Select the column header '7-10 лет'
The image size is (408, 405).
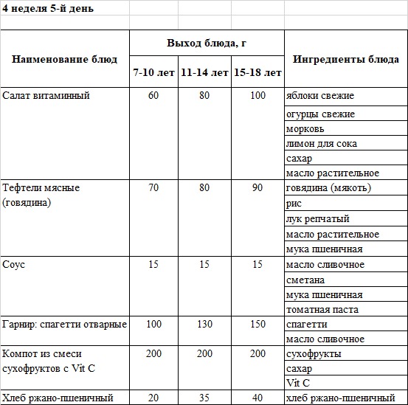click(x=153, y=73)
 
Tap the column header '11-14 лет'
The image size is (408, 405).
click(x=204, y=73)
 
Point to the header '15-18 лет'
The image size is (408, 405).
click(x=257, y=73)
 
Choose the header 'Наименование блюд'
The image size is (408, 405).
click(x=65, y=59)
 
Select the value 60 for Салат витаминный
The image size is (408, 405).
click(x=153, y=96)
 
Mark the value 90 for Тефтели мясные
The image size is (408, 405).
click(x=257, y=187)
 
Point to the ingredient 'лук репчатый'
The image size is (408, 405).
click(x=317, y=219)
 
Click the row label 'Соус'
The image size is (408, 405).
click(x=14, y=264)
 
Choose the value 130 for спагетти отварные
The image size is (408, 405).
click(x=204, y=325)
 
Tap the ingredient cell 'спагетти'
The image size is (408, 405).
click(x=306, y=325)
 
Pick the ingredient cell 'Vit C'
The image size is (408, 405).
click(x=297, y=383)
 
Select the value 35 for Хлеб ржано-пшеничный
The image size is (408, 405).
click(x=204, y=398)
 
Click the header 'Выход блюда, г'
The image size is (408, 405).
click(x=207, y=43)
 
